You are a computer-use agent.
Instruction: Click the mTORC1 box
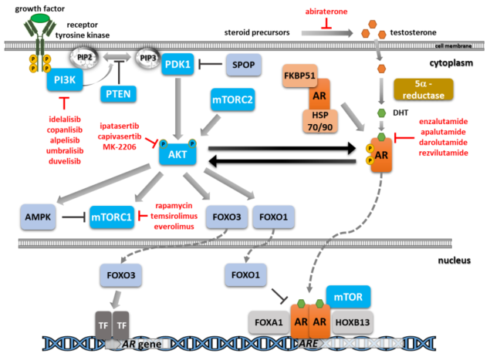(x=110, y=217)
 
